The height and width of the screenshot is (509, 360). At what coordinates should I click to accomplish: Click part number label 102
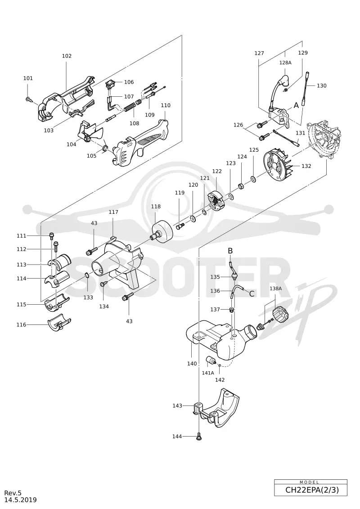(x=67, y=56)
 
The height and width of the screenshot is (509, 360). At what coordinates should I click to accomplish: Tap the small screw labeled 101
(x=29, y=99)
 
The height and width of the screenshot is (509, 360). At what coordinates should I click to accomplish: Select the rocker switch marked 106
(x=110, y=85)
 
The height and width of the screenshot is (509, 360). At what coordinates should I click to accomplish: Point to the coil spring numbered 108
(x=130, y=107)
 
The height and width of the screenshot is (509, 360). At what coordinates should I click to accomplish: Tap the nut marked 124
(x=241, y=186)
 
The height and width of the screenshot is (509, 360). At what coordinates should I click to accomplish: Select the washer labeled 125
(x=253, y=179)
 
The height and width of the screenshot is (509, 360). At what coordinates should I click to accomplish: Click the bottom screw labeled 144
(x=198, y=437)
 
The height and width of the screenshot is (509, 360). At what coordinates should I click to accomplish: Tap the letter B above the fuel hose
(x=230, y=251)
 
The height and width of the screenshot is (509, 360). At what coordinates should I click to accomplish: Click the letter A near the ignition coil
(x=296, y=105)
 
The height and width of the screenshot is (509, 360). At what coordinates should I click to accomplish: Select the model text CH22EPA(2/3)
(x=312, y=490)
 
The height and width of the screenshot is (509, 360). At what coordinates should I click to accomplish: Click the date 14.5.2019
(x=20, y=500)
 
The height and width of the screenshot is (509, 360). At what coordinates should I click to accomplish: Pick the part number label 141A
(x=208, y=373)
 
